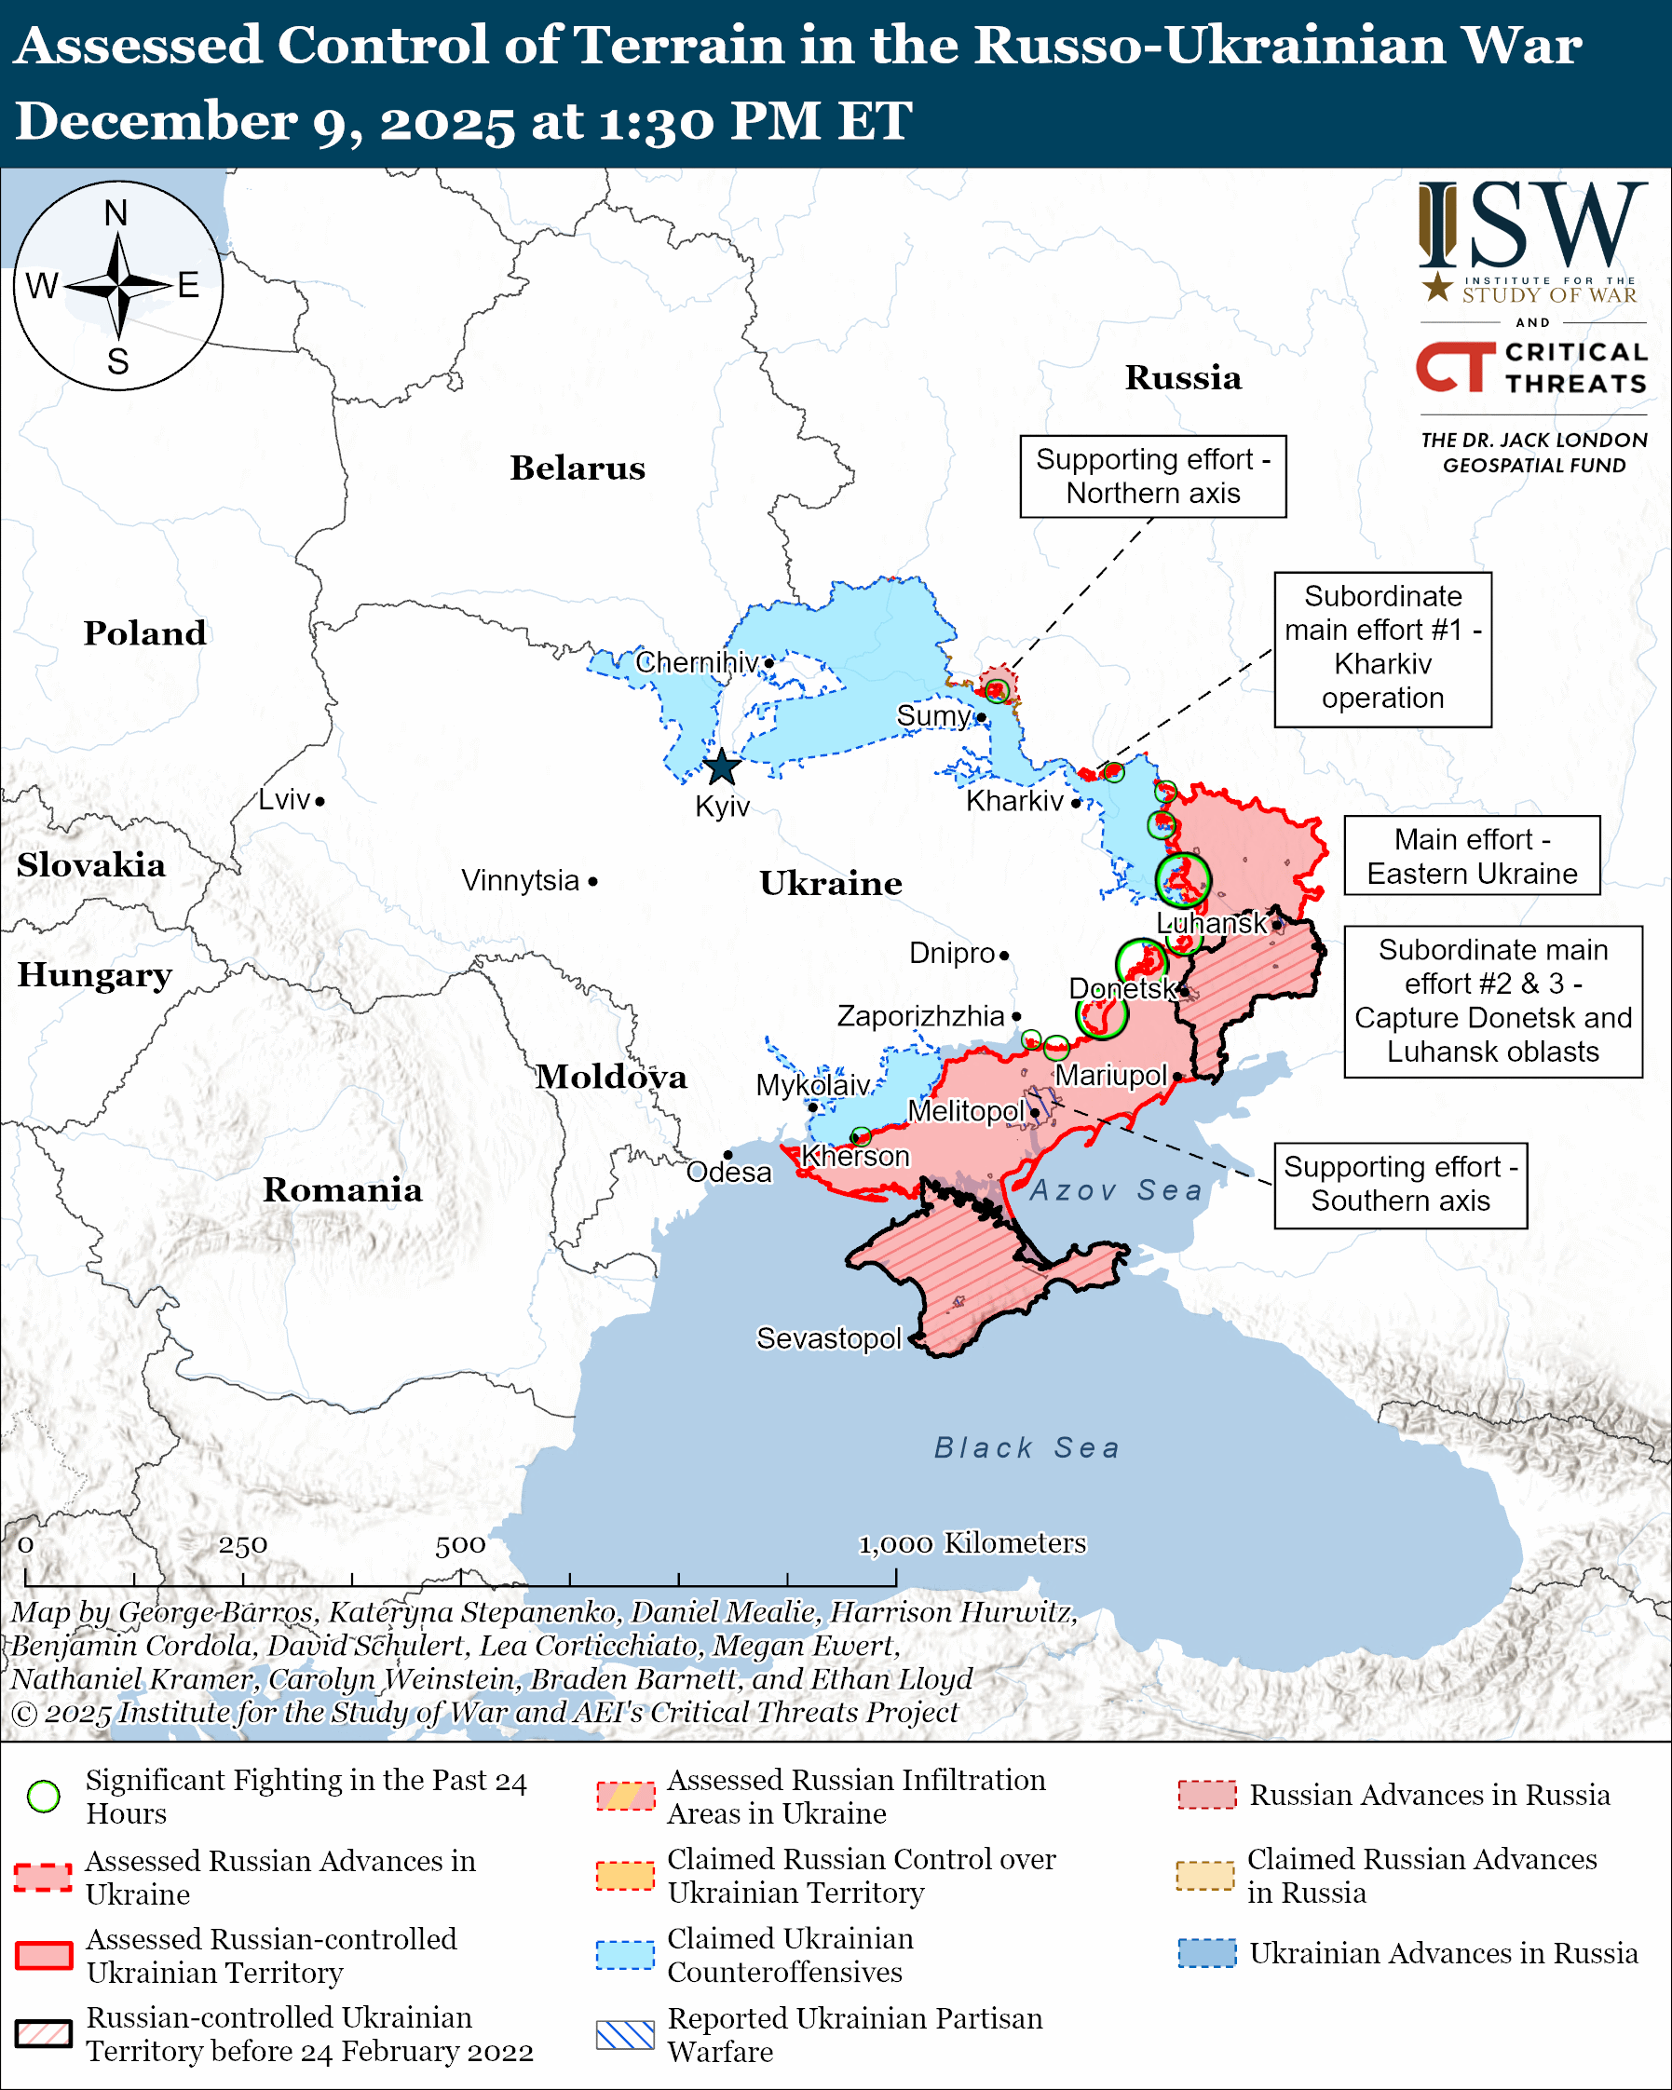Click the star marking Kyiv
[722, 767]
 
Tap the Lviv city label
[284, 800]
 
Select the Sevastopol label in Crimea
[829, 1338]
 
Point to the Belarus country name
[578, 468]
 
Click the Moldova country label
[612, 1077]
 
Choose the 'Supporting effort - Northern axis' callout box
[1152, 476]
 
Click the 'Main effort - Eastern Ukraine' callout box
[1472, 856]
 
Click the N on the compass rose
[116, 213]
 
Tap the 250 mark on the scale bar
[242, 1545]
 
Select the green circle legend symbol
[44, 1797]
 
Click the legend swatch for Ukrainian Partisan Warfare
[625, 2036]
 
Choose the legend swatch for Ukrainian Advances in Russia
[1207, 1953]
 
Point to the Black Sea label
[1026, 1448]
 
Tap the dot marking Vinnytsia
[593, 881]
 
